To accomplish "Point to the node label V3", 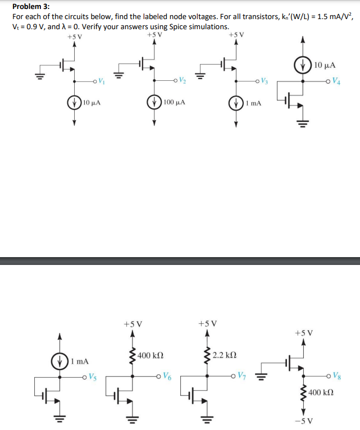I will pyautogui.click(x=264, y=81).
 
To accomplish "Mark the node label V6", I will pyautogui.click(x=168, y=376).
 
